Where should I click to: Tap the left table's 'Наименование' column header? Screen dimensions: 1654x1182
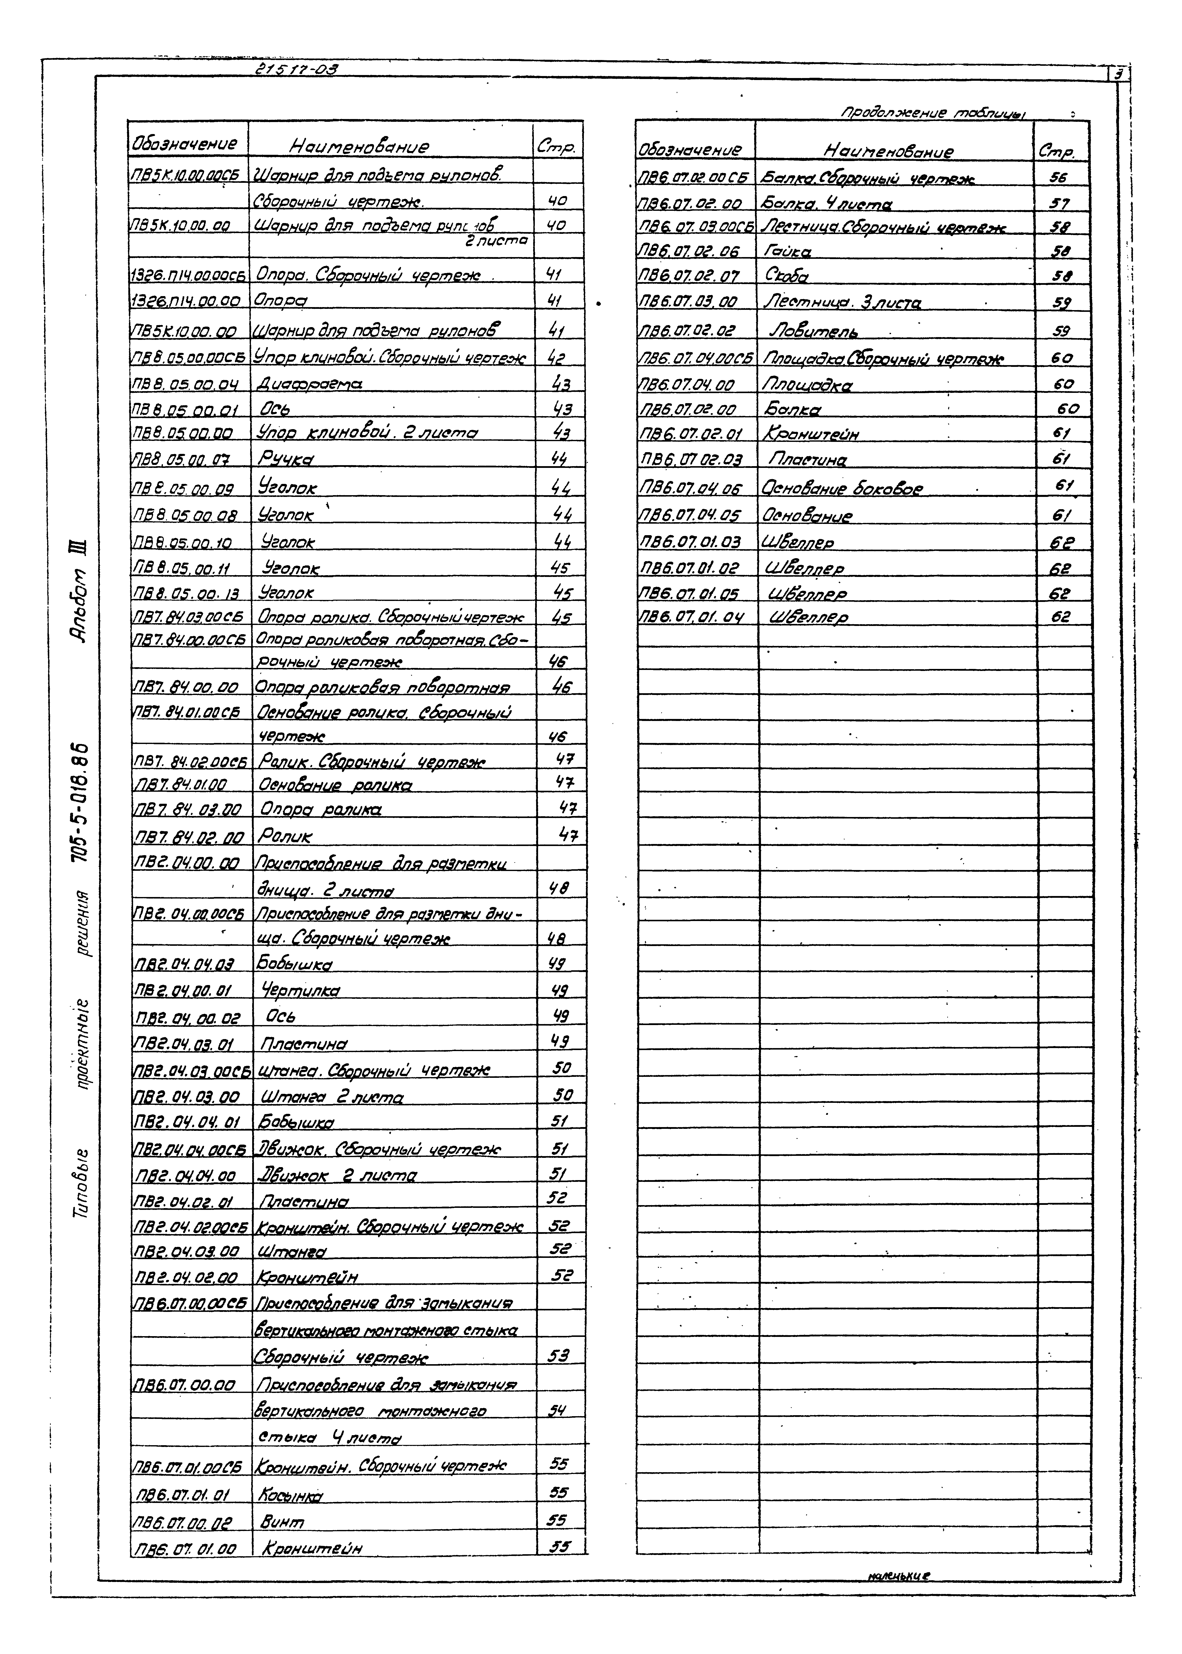pyautogui.click(x=359, y=147)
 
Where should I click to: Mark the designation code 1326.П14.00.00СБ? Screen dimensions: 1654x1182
pyautogui.click(x=188, y=276)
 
